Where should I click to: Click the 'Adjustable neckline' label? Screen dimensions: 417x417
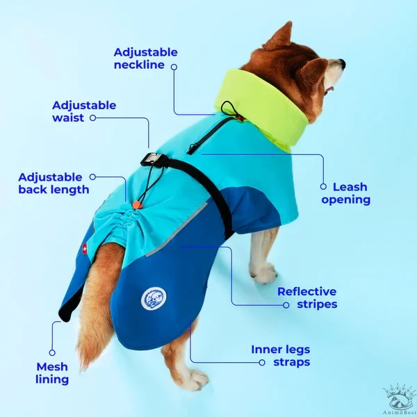[x=145, y=58]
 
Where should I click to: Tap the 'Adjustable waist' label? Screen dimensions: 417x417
[x=84, y=111]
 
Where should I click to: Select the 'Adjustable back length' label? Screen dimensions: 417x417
[x=54, y=183]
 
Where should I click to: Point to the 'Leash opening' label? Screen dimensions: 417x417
[x=346, y=193]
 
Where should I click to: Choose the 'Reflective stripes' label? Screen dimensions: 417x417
[x=307, y=298]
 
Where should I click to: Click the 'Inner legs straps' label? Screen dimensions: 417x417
[x=281, y=356]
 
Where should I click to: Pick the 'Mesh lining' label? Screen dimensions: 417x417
[x=52, y=373]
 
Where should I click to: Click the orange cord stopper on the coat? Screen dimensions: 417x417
[x=136, y=205]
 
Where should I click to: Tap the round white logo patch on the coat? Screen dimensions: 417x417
[x=154, y=299]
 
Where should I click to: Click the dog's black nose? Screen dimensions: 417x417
[x=343, y=63]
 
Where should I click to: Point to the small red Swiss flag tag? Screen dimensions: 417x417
[x=85, y=250]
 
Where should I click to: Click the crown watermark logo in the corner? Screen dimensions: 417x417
[x=399, y=398]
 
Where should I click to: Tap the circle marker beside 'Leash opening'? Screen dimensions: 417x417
[x=323, y=186]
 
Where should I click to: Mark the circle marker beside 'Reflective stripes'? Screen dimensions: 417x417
[x=286, y=305]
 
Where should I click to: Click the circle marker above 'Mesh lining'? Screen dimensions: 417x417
[x=52, y=353]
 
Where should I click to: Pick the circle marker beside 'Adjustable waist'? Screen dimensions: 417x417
[x=92, y=118]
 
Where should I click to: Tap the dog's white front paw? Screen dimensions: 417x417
[x=263, y=273]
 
